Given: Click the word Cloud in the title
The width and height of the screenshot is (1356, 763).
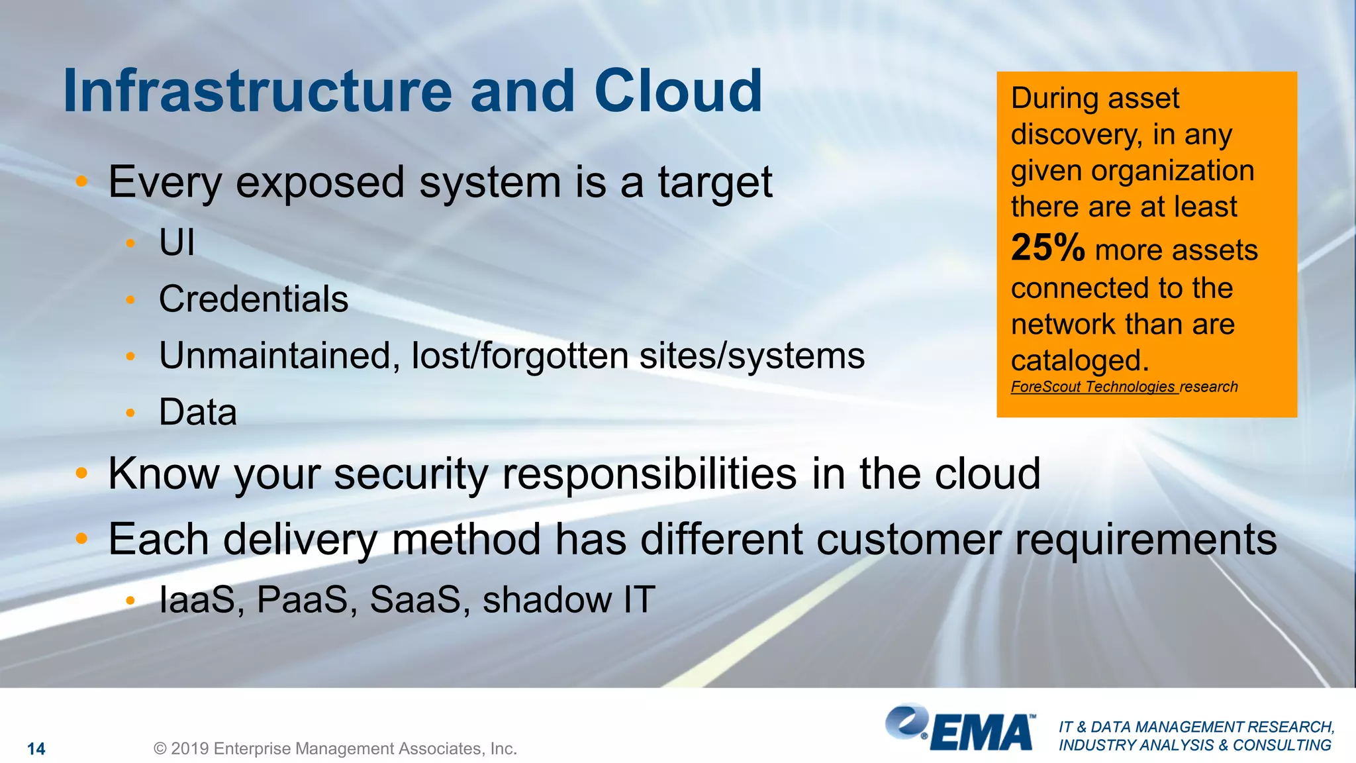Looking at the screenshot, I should pos(678,91).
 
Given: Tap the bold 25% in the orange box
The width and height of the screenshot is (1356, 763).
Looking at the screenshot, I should pos(1047,248).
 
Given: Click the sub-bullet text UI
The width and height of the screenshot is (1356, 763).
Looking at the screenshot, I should pos(177,242).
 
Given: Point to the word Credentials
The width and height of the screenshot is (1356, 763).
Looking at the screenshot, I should pos(253,299).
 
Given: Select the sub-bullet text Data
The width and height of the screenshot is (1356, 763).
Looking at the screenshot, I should pos(197,412).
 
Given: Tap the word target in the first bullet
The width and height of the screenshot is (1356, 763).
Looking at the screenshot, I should pos(714,182).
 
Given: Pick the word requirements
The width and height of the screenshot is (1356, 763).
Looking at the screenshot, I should pos(1145,540).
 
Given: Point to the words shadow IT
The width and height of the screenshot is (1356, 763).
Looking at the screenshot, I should pos(568,600).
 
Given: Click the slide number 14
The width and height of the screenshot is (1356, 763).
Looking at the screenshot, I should pos(36,749).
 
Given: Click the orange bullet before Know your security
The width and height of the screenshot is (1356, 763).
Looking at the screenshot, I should pos(81,473).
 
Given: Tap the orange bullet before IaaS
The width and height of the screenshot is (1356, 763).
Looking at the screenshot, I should pos(130,601).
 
